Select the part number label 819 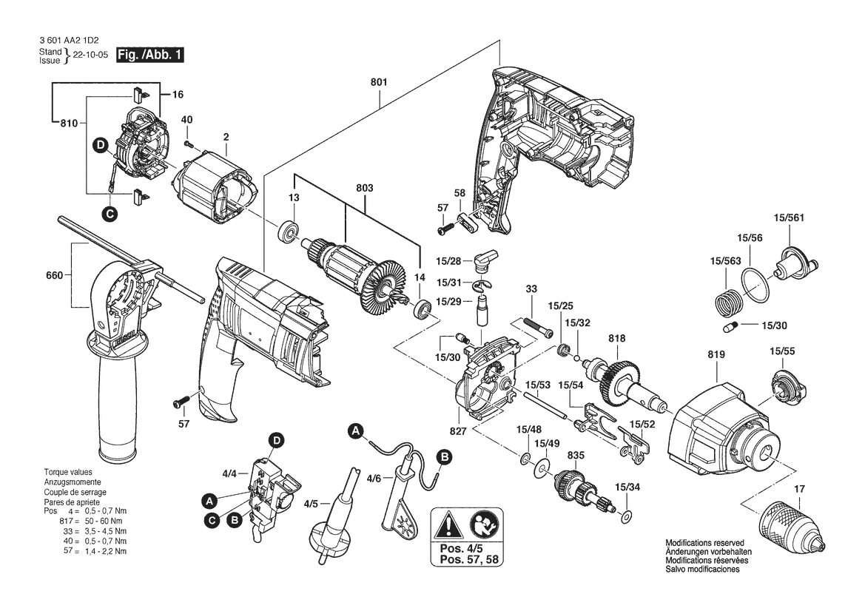pyautogui.click(x=716, y=355)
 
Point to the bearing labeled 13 pyautogui.click(x=287, y=232)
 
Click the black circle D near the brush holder pyautogui.click(x=100, y=145)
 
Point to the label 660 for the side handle pyautogui.click(x=55, y=275)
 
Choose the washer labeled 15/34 pyautogui.click(x=627, y=514)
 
